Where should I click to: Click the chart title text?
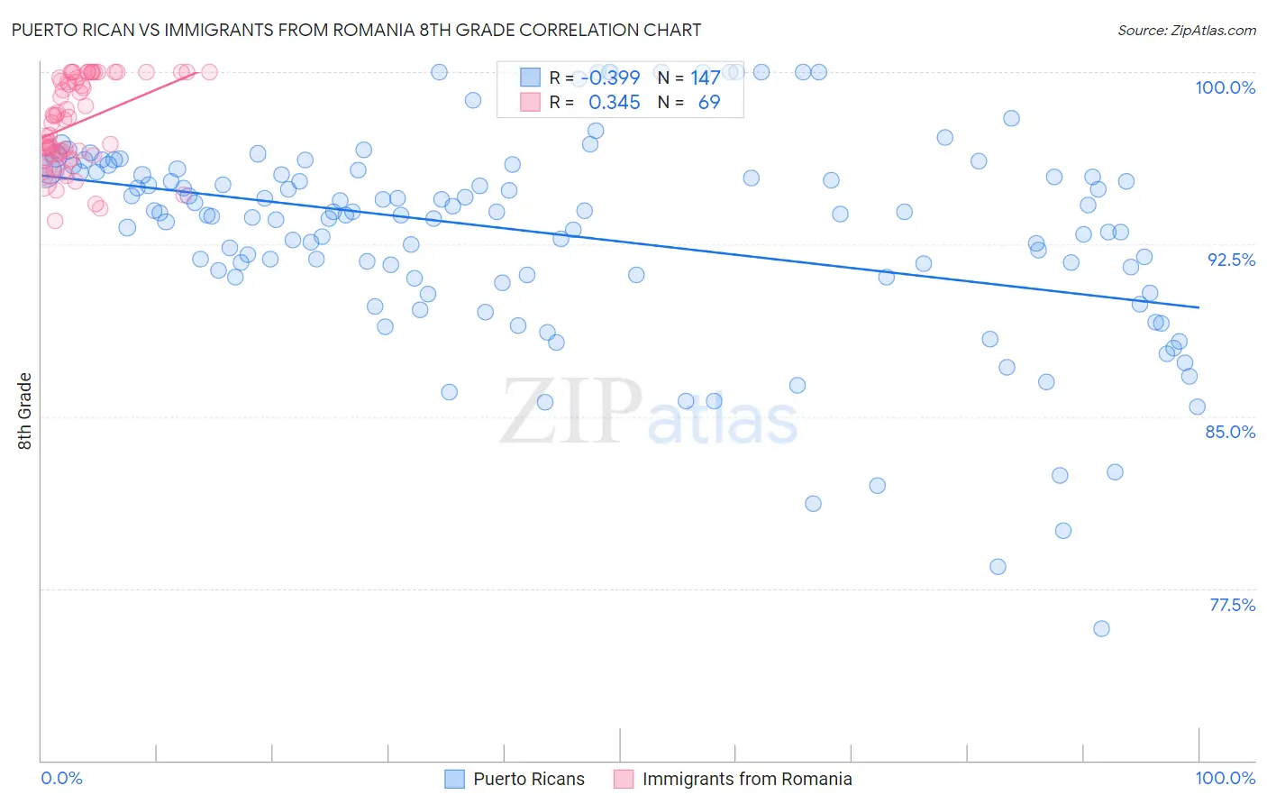[356, 31]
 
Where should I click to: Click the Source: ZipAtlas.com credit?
[1186, 31]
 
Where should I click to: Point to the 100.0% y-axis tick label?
[1225, 87]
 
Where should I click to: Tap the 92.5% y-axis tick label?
[1231, 260]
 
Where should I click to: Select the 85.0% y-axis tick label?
[1230, 432]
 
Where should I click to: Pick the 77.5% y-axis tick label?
[1232, 605]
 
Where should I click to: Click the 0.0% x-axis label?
[61, 778]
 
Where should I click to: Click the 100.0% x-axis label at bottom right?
[1225, 778]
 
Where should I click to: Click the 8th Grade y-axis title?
[25, 411]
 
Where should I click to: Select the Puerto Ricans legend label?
[529, 779]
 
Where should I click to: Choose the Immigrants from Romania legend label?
[747, 779]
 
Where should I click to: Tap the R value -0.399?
[610, 78]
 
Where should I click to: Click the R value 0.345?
[614, 103]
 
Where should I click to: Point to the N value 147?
[705, 78]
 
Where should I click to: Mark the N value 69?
[709, 103]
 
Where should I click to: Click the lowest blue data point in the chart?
[1101, 629]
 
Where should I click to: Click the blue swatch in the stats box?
[530, 78]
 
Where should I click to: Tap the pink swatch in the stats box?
[530, 103]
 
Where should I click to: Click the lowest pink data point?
[55, 221]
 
